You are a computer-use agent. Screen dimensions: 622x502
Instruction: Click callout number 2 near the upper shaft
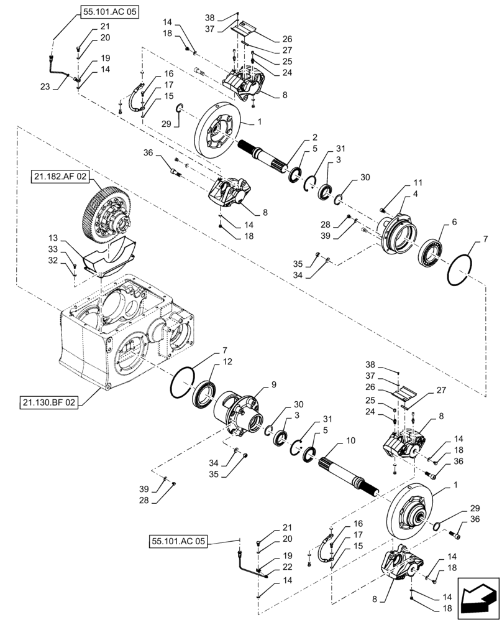pyautogui.click(x=314, y=137)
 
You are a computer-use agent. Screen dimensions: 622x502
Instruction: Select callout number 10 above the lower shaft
pyautogui.click(x=350, y=441)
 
